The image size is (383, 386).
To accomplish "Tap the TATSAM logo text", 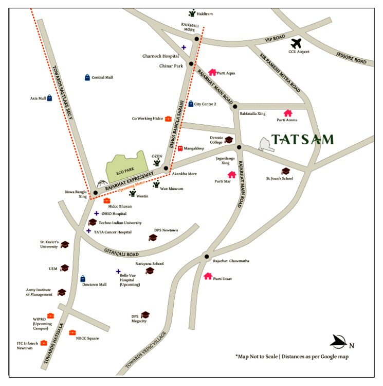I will [303, 140].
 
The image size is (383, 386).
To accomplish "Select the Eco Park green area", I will [125, 164].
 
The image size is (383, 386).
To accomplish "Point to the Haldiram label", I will [205, 14].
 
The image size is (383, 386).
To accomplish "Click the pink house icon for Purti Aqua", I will [212, 73].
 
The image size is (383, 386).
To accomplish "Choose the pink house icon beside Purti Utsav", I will [208, 276].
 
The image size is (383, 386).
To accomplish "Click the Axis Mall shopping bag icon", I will [49, 97].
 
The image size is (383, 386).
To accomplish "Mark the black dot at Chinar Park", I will [191, 64].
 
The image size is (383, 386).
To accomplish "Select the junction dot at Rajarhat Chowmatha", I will [206, 256].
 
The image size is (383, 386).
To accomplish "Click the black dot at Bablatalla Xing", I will [234, 107].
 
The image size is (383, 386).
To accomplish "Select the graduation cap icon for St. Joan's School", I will [285, 171].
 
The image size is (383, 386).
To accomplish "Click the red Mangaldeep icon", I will [180, 148].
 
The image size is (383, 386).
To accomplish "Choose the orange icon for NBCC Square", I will [72, 332].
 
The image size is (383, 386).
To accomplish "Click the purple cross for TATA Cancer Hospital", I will [88, 231].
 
